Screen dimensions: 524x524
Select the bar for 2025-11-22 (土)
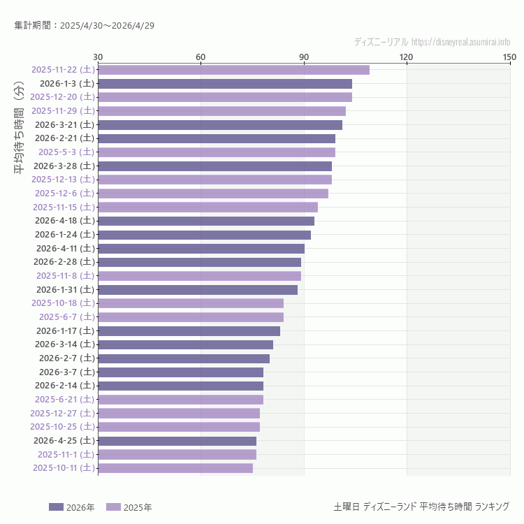pos(233,70)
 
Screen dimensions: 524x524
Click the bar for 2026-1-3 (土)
pos(225,84)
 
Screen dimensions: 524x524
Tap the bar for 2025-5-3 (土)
pos(217,152)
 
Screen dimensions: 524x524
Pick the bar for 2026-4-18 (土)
pos(206,221)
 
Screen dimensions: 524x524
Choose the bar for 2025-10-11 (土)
pos(175,468)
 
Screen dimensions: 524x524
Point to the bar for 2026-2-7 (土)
pos(184,358)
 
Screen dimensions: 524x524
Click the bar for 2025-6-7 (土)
pos(191,317)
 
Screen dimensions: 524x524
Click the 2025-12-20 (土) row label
pos(62,97)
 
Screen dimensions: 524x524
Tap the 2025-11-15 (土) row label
pos(64,207)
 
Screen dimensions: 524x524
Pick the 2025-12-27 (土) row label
pos(62,413)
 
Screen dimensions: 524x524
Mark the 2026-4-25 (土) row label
pos(64,441)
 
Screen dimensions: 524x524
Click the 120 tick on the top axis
pos(407,57)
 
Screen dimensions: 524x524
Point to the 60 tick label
pos(201,57)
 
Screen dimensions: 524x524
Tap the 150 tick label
pos(509,57)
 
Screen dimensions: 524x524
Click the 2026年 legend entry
pos(72,507)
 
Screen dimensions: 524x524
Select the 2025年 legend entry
pos(129,507)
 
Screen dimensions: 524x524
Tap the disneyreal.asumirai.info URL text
pos(460,42)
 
